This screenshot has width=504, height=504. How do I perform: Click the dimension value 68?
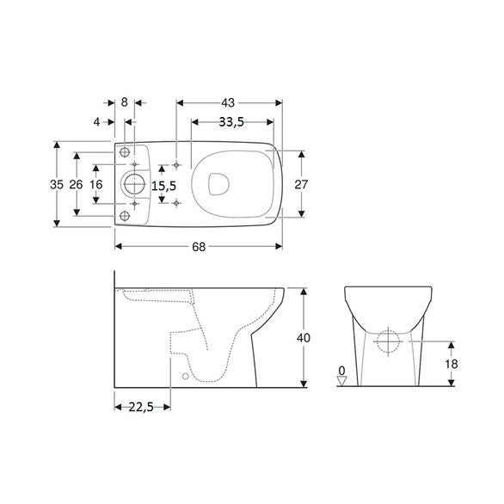[x=199, y=247]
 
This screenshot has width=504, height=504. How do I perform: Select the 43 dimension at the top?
[x=229, y=101]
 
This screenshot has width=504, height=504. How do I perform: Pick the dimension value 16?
[x=96, y=184]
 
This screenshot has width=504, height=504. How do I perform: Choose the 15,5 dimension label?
[x=164, y=184]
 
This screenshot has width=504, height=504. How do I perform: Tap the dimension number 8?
[x=126, y=101]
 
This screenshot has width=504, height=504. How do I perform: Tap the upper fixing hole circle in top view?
[x=126, y=152]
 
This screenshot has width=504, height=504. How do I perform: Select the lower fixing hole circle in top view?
[x=126, y=215]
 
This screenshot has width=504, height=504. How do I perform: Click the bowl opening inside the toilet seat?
[x=219, y=183]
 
